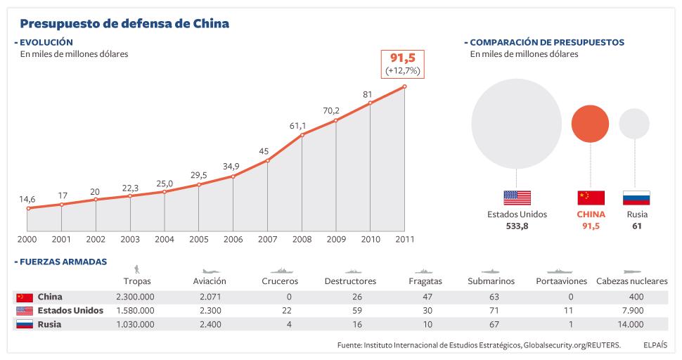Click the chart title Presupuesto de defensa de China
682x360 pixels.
coord(124,23)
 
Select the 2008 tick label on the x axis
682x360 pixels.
coord(301,239)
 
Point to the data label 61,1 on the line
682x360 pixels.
coord(298,126)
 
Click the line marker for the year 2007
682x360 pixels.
coord(267,160)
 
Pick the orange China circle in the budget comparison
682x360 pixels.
coord(589,124)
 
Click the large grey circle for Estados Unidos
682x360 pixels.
coord(517,124)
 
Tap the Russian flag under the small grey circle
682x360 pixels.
coord(636,198)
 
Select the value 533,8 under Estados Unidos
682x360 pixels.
coord(517,226)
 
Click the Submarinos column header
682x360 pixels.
coord(491,281)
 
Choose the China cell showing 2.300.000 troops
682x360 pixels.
coord(136,297)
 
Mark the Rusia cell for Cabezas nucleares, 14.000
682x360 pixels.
coord(631,324)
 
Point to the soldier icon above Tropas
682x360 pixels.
coord(137,269)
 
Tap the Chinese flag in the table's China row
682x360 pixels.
coord(25,297)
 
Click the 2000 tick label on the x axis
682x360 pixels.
coord(27,239)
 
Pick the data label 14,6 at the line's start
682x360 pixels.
coord(27,199)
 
